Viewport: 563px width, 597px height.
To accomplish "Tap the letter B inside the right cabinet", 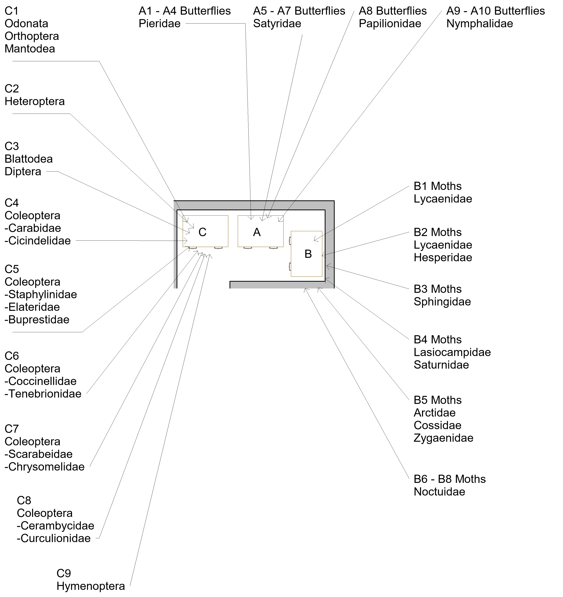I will tap(308, 254).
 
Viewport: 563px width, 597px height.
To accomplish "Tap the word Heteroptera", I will tap(35, 102).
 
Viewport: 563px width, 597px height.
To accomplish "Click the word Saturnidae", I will tap(441, 365).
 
